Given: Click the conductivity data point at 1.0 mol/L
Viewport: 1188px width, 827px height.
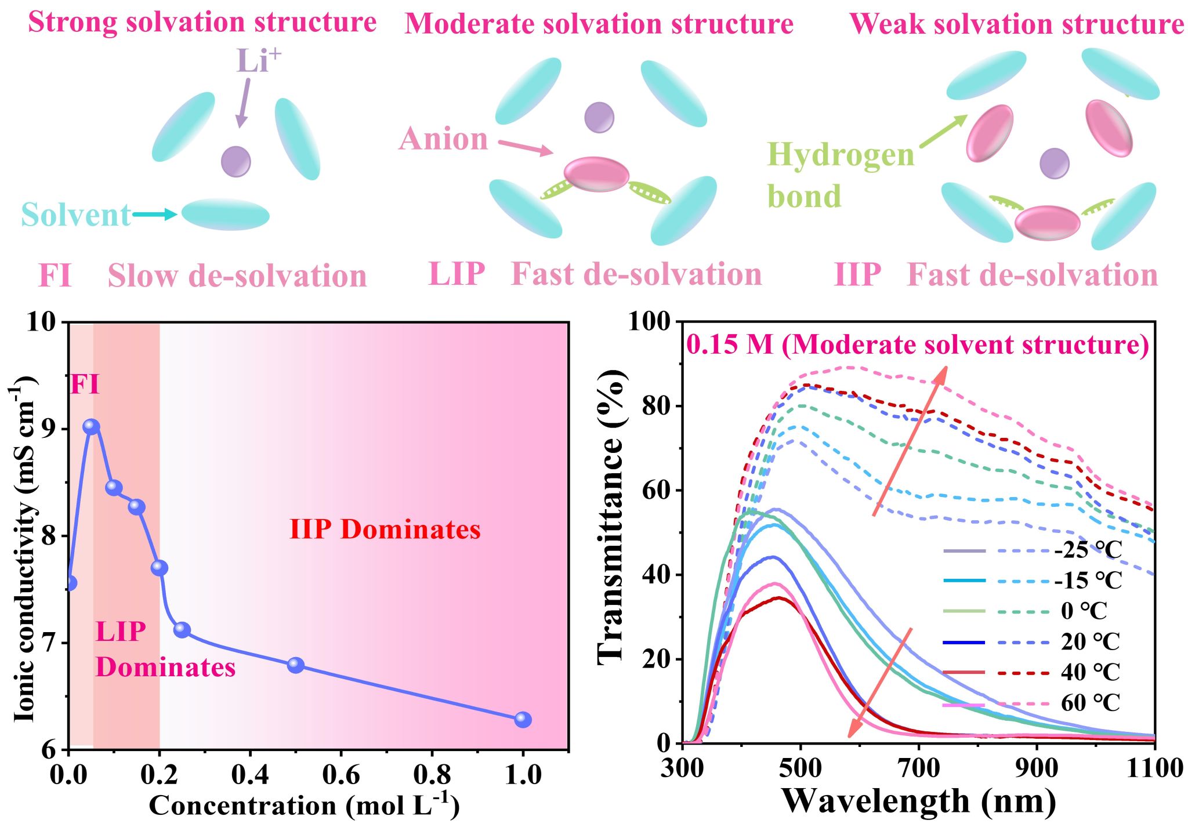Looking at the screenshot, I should [523, 720].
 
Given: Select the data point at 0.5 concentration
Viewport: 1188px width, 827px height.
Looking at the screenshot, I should [296, 665].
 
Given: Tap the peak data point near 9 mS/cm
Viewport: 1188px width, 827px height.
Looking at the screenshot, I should [91, 427].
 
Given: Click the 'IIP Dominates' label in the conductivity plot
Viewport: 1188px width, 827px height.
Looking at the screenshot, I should [385, 529].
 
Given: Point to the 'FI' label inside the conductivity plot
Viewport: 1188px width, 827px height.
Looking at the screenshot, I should [85, 385].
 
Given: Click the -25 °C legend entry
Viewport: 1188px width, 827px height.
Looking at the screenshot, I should [1088, 550].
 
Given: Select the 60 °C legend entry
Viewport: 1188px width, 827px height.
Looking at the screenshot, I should [1091, 703].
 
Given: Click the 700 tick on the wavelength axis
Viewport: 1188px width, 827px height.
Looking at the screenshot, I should [919, 768].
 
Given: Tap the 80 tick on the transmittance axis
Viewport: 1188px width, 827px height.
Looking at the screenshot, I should [658, 406].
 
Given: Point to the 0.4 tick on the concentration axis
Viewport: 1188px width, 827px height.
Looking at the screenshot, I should [250, 775].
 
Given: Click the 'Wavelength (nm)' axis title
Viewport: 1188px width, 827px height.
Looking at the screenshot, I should [919, 801].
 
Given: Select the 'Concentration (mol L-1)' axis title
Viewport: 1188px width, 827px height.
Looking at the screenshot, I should [304, 806].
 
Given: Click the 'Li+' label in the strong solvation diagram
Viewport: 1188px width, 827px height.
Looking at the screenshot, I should [258, 60].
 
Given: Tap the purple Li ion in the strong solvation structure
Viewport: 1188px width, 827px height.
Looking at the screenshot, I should [236, 161].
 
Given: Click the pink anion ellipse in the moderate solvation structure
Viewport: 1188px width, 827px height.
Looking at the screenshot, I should [596, 174].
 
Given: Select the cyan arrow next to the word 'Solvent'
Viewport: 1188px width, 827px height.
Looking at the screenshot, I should [154, 215].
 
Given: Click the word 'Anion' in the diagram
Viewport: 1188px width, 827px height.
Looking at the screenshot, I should [444, 139].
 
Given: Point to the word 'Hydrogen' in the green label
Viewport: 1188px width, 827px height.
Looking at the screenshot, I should [841, 155].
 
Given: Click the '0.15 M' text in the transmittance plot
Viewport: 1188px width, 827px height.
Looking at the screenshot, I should [729, 345].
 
